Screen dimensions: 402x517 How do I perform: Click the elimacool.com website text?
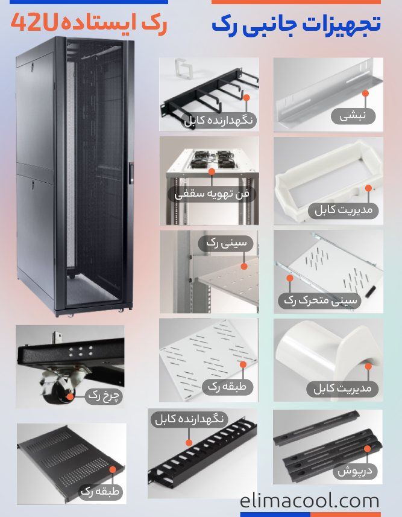pyautogui.click(x=309, y=501)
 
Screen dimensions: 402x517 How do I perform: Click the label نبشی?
pyautogui.click(x=353, y=116)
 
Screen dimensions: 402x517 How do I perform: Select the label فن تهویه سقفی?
pyautogui.click(x=212, y=194)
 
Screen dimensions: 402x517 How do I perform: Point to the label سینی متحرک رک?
pyautogui.click(x=320, y=300)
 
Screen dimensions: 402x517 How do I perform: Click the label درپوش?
pyautogui.click(x=355, y=471)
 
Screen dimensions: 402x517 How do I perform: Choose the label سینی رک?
pyautogui.click(x=227, y=243)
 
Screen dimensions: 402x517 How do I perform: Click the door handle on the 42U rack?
pyautogui.click(x=131, y=173)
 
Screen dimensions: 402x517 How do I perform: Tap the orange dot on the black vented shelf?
pyautogui.click(x=113, y=470)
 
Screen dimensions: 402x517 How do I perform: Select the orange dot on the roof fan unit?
pyautogui.click(x=212, y=171)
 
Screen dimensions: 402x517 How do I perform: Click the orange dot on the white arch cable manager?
pyautogui.click(x=368, y=366)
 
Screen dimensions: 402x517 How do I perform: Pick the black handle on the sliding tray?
pyautogui.click(x=371, y=291)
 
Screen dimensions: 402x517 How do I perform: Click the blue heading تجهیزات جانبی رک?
pyautogui.click(x=297, y=24)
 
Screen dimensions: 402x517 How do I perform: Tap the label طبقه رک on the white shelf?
pyautogui.click(x=227, y=387)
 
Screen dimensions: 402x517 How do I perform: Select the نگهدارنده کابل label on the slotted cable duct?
pyautogui.click(x=189, y=419)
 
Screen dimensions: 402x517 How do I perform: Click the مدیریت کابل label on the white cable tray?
pyautogui.click(x=344, y=210)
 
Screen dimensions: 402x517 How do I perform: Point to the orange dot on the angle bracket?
pyautogui.click(x=365, y=94)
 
